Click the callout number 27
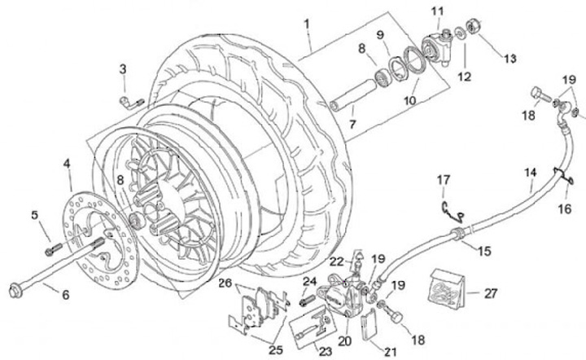click(x=491, y=293)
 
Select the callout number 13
click(x=510, y=59)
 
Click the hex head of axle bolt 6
click(x=14, y=291)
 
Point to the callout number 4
click(x=67, y=164)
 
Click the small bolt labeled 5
click(x=54, y=249)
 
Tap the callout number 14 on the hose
click(x=531, y=173)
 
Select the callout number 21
click(x=390, y=352)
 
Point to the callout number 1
click(x=307, y=24)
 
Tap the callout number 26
click(x=225, y=283)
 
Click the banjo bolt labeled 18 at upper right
click(x=541, y=95)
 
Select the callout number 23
click(x=326, y=351)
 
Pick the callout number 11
click(x=437, y=11)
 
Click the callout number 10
click(x=409, y=100)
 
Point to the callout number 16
click(x=565, y=209)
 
